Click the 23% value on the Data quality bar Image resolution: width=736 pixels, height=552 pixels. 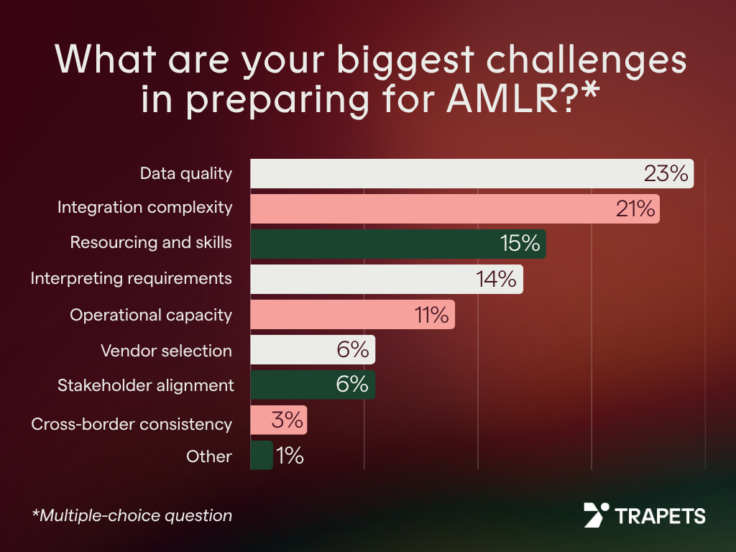point(666,174)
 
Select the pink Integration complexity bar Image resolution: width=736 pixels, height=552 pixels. point(431,209)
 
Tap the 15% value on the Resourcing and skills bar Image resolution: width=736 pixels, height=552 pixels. point(520,244)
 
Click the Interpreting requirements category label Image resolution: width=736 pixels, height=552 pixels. point(131,278)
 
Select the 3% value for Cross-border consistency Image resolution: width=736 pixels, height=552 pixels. point(287,420)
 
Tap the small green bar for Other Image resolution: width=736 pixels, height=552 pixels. point(261,456)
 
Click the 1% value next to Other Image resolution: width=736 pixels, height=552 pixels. point(290,456)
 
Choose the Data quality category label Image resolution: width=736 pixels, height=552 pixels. point(186,173)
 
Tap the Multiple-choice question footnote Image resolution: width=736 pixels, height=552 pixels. point(132,515)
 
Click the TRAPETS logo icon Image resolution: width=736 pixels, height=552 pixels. point(596,515)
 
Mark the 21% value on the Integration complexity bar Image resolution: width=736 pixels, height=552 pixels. point(635,209)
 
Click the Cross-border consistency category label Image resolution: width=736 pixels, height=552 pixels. point(132,424)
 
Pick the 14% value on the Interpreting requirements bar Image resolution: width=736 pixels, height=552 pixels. point(497,279)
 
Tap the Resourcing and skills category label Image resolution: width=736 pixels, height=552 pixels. point(151,242)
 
